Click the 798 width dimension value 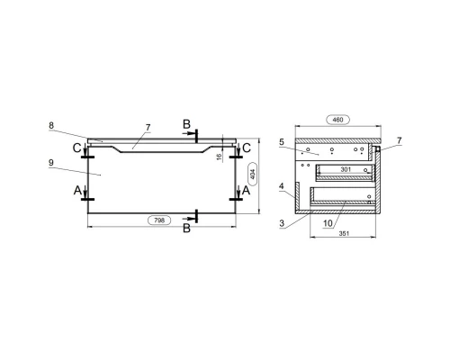pos(159,220)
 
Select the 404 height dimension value pos(253,174)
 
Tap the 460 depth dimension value pos(337,120)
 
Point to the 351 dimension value pos(344,233)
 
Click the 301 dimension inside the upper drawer pos(346,169)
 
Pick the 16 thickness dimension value pos(220,157)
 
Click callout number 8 pos(51,125)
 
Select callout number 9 pos(51,163)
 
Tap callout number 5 pos(282,142)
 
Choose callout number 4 pos(282,186)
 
